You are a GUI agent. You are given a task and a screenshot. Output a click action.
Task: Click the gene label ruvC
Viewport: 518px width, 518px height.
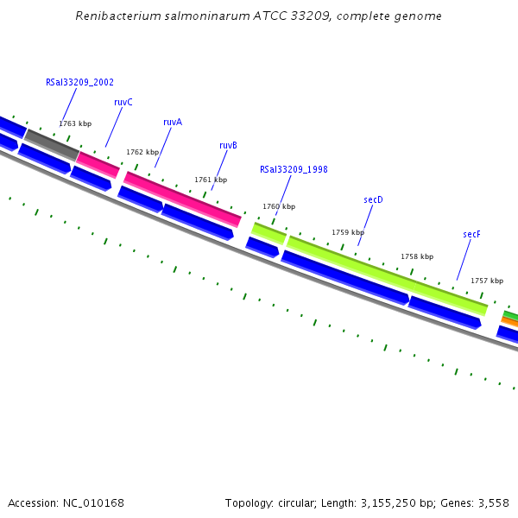click(123, 102)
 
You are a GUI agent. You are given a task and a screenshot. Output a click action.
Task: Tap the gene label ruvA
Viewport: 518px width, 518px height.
click(173, 123)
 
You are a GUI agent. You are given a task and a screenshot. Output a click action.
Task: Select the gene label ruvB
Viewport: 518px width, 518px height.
click(228, 145)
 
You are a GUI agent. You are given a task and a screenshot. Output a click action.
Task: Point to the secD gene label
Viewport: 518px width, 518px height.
click(373, 199)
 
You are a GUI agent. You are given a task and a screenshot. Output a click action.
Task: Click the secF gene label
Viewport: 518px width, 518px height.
click(471, 234)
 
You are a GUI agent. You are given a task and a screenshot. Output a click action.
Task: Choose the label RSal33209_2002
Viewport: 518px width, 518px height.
click(79, 83)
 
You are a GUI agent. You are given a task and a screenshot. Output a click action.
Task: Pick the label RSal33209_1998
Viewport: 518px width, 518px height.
click(294, 169)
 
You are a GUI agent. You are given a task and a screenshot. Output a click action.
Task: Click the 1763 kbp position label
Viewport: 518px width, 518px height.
click(75, 123)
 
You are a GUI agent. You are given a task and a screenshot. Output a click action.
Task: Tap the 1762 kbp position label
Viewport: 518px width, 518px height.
click(142, 152)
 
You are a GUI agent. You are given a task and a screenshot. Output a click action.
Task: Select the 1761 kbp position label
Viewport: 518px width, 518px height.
click(211, 180)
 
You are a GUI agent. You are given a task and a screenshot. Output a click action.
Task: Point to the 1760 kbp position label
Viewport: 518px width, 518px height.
click(279, 206)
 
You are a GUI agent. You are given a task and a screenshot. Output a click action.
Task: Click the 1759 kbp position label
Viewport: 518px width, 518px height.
click(348, 232)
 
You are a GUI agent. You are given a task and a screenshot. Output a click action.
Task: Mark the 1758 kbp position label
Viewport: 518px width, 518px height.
click(417, 256)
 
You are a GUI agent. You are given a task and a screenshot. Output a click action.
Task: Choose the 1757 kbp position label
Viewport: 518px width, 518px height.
click(487, 281)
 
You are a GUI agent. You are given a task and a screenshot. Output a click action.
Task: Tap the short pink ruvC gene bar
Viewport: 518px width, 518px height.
click(98, 164)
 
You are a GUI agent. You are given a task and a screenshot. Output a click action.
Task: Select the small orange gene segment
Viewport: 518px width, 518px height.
click(509, 321)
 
